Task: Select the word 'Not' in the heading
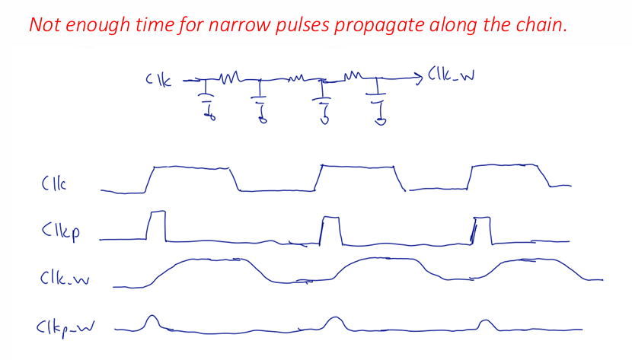click(45, 24)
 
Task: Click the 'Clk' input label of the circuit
click(158, 80)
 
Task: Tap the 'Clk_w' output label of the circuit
click(451, 75)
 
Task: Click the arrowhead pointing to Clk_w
click(418, 77)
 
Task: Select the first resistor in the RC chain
click(229, 78)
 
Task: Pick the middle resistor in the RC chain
click(296, 78)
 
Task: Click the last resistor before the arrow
click(353, 75)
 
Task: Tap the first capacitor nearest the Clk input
click(208, 100)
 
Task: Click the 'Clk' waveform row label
click(54, 183)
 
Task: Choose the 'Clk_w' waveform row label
click(65, 278)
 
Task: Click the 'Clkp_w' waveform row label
click(65, 328)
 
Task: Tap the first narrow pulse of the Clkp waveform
click(156, 225)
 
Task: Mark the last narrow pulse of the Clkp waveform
click(482, 231)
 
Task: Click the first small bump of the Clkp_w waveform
click(152, 323)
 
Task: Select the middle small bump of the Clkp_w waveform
click(334, 323)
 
